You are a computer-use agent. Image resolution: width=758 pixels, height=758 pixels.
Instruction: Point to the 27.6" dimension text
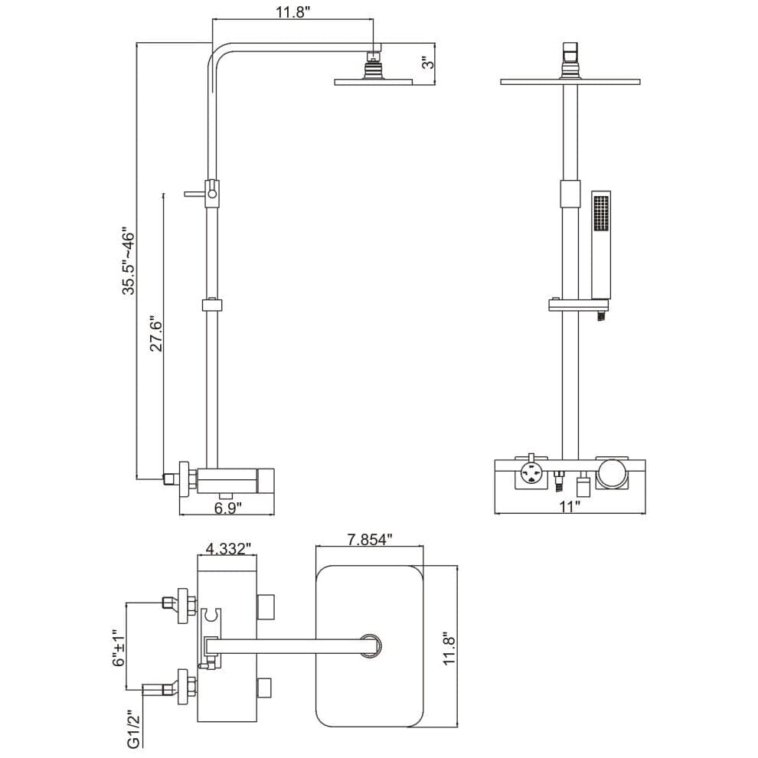pos(156,335)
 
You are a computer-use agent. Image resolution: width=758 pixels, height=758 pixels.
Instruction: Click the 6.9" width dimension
pos(227,507)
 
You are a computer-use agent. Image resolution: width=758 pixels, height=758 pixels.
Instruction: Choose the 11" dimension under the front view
pos(569,505)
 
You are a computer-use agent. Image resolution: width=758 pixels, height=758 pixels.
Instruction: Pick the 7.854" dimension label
pos(368,538)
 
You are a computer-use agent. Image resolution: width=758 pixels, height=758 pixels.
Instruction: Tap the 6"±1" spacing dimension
pos(116,649)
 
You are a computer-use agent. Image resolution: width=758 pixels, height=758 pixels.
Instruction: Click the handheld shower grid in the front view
pos(601,212)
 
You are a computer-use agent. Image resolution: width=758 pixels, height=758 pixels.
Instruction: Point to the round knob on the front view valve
pos(612,474)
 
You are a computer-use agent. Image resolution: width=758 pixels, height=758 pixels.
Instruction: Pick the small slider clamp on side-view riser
pos(212,305)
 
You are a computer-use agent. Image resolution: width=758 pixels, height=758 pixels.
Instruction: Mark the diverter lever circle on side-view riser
pos(213,195)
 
